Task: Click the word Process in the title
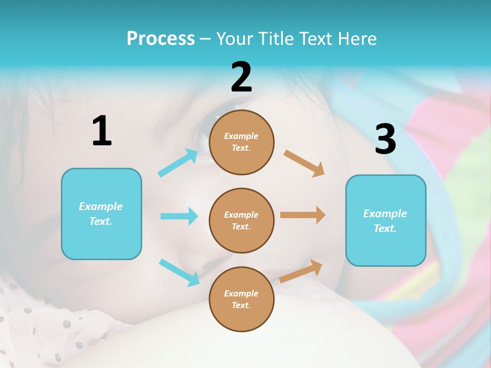pos(161,39)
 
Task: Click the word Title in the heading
pos(274,39)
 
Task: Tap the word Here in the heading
pos(356,39)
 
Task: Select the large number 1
pos(102,131)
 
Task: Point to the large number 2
pos(241,77)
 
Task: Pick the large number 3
pos(385,139)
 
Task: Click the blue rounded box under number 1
pos(101,214)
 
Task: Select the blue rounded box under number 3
pos(386,220)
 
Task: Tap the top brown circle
pos(241,142)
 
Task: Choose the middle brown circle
pos(241,220)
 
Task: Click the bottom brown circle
pos(241,299)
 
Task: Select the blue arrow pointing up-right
pos(178,163)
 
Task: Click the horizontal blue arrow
pos(179,216)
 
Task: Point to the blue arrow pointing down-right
pos(179,272)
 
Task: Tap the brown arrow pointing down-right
pos(304,163)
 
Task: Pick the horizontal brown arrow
pos(302,215)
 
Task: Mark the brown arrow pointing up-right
pos(301,271)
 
